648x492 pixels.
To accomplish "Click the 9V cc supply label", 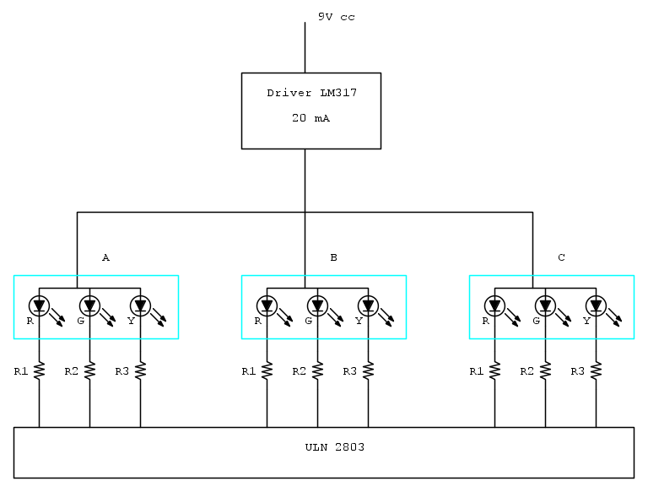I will point(336,17).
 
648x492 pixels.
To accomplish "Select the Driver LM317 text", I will point(311,93).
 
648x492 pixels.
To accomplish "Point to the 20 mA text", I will point(310,119).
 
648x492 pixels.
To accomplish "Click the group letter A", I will point(105,257).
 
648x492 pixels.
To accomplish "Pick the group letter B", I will point(333,257).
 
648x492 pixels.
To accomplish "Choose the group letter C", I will point(561,257).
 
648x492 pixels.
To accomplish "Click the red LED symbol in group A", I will point(39,305).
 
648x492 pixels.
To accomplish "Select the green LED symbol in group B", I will point(317,305).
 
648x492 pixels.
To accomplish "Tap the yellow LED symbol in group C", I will point(596,305).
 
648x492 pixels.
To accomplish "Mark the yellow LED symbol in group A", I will point(140,305).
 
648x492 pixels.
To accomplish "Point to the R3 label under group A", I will point(121,371).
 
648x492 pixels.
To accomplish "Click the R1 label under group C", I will point(476,371).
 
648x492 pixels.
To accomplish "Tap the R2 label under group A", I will point(71,371).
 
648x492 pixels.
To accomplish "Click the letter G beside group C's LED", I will point(536,321).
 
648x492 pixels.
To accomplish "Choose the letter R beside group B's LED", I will point(257,321).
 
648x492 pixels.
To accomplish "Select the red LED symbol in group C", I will point(494,305).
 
